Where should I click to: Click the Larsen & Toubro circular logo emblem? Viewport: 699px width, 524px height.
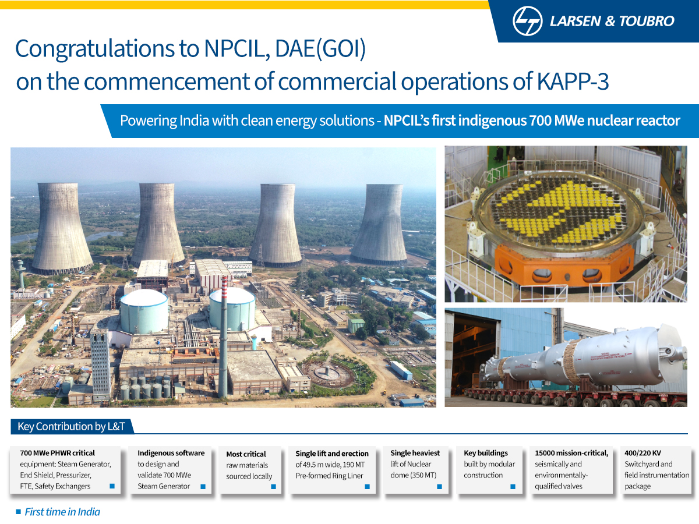pyautogui.click(x=528, y=21)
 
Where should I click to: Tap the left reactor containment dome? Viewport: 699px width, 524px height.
pyautogui.click(x=144, y=311)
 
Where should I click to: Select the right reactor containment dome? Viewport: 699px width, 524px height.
pyautogui.click(x=232, y=309)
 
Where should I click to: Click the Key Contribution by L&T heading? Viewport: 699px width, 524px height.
pyautogui.click(x=71, y=427)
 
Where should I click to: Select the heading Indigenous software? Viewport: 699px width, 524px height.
pyautogui.click(x=171, y=453)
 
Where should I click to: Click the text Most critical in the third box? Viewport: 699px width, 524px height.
pyautogui.click(x=246, y=454)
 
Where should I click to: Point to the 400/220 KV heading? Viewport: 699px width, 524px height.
pyautogui.click(x=642, y=453)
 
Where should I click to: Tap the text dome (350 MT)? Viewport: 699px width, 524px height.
pyautogui.click(x=413, y=475)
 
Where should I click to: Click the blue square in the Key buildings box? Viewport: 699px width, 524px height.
pyautogui.click(x=513, y=486)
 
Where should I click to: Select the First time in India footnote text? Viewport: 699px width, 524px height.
pyautogui.click(x=62, y=512)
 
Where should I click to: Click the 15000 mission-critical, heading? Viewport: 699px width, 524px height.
pyautogui.click(x=571, y=453)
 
